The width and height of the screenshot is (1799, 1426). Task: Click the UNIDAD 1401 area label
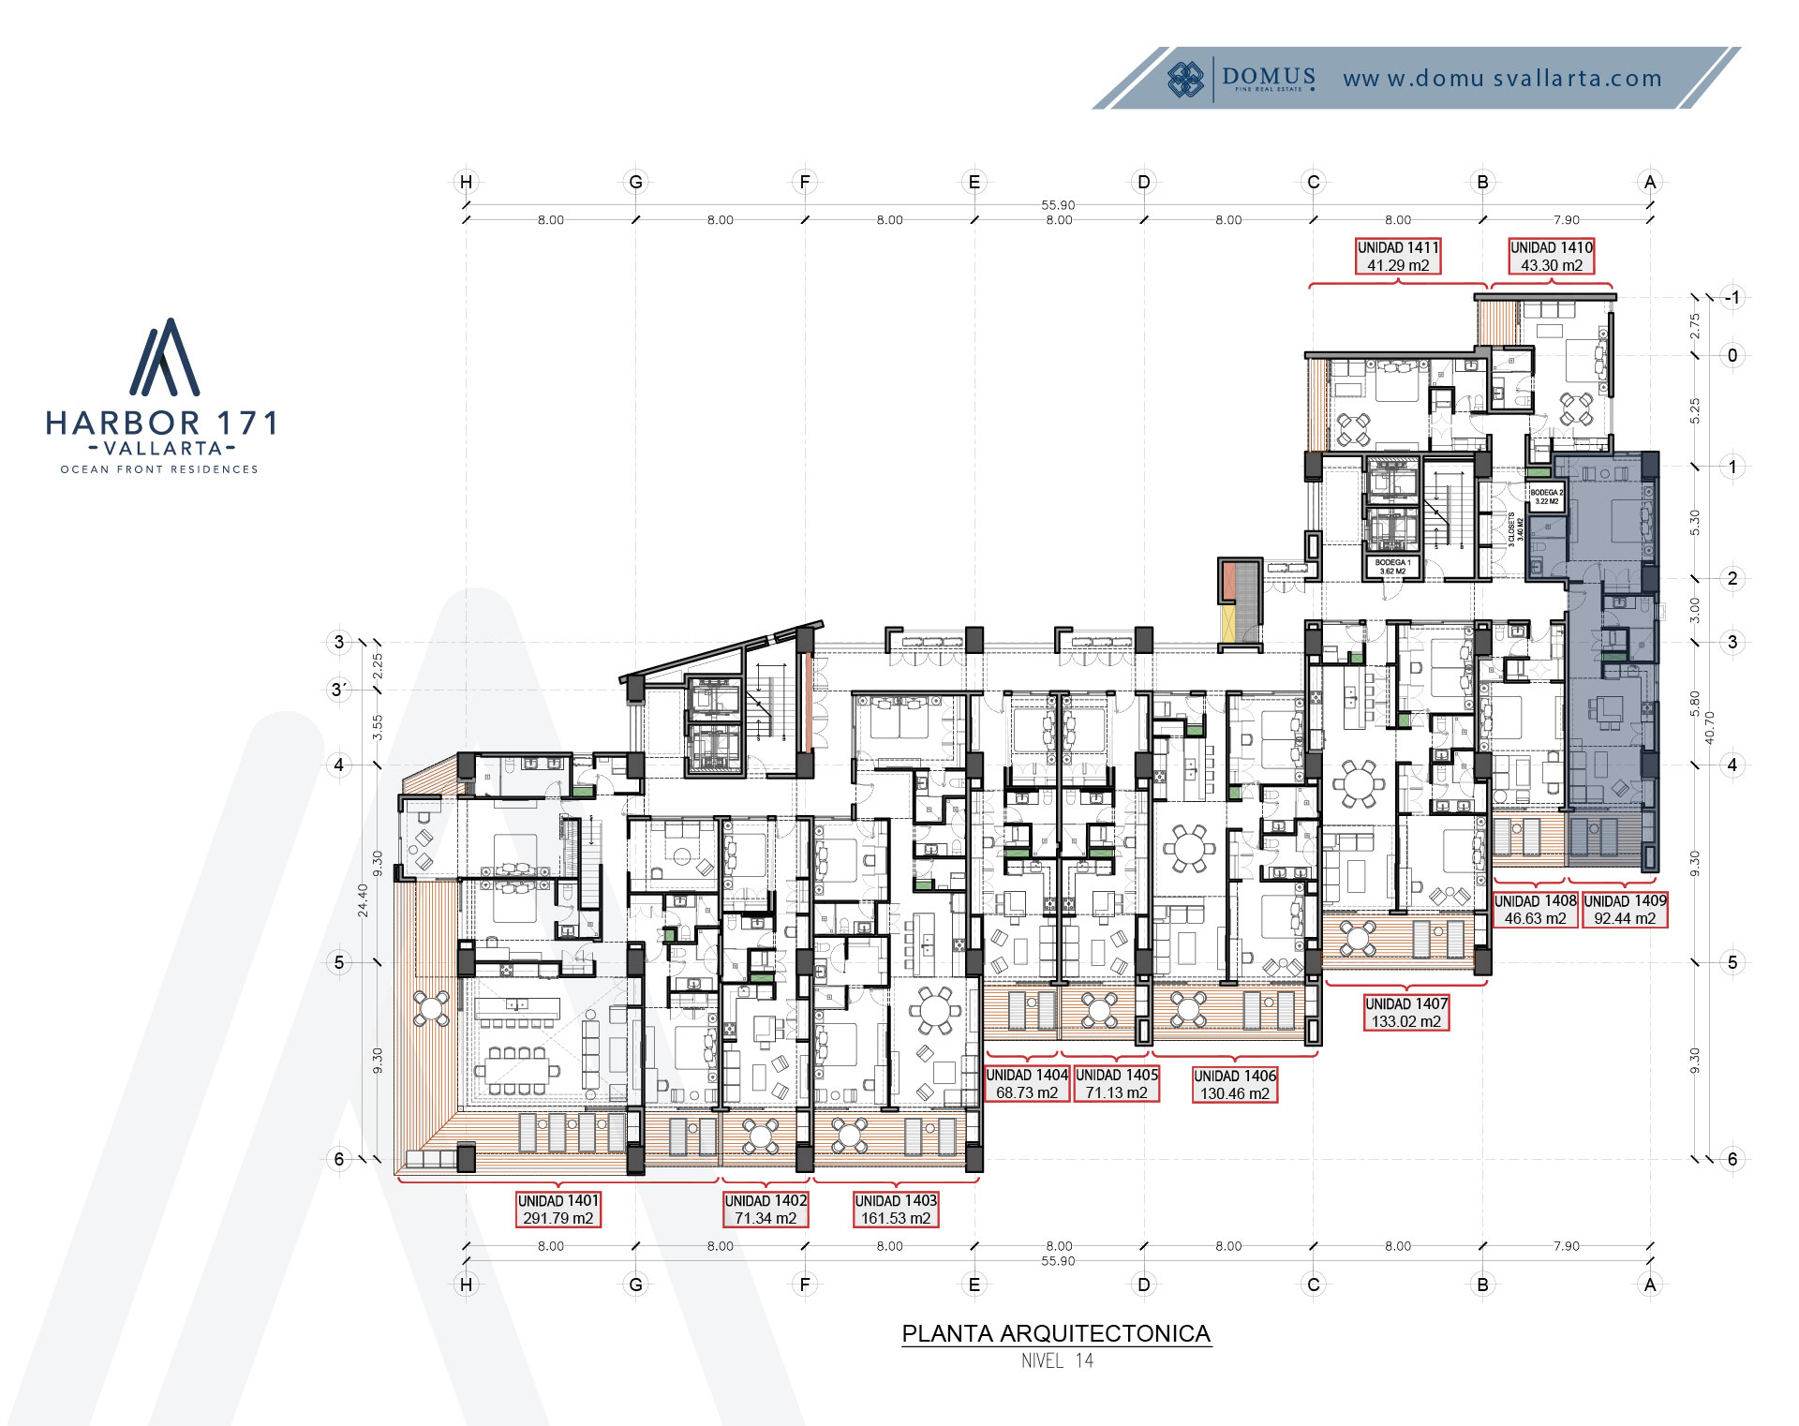558,1209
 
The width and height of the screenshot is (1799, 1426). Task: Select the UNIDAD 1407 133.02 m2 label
1406,1012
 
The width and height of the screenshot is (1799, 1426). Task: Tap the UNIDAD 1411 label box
1398,256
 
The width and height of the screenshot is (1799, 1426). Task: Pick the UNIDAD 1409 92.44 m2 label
1625,909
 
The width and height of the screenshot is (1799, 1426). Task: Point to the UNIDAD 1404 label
1027,1083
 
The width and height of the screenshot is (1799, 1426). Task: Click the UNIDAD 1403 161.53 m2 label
896,1209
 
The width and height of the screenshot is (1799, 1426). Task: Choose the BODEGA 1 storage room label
1392,567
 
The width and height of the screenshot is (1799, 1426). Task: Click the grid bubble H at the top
466,182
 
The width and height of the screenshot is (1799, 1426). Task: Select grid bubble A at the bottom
1650,1285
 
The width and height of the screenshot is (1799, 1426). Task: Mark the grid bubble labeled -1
1732,298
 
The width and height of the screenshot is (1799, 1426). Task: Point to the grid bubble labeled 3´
339,690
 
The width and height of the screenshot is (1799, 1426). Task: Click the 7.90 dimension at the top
1566,220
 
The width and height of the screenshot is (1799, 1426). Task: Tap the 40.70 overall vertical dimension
1709,727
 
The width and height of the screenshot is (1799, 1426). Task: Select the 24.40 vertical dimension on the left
364,899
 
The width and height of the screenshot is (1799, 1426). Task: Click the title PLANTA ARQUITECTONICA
1056,1333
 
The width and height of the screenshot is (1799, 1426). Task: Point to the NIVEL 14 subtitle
1057,1361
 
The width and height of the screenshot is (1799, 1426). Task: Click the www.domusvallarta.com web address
1502,79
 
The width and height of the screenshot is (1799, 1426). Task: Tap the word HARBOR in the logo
123,423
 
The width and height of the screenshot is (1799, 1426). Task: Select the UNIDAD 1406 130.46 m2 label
1234,1084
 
